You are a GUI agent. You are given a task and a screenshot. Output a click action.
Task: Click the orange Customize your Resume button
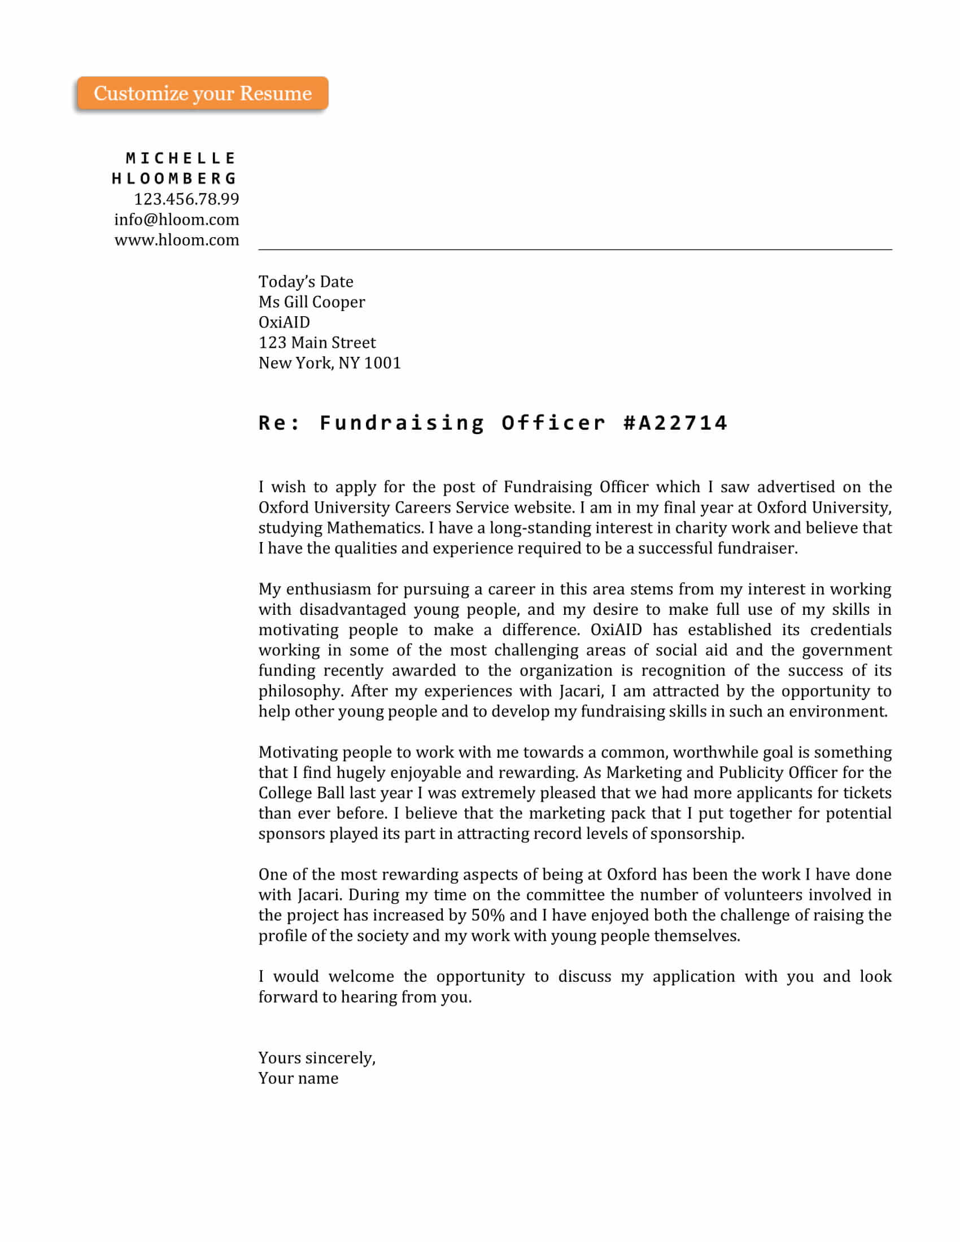[203, 93]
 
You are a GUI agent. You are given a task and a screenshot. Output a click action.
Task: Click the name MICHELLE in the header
[180, 158]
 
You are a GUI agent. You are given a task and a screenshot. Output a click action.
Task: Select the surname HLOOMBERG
[174, 178]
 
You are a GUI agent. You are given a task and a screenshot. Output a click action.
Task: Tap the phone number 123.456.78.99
[186, 199]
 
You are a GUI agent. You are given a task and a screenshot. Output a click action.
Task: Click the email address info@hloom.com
[176, 220]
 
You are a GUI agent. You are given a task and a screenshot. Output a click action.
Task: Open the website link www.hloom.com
[176, 240]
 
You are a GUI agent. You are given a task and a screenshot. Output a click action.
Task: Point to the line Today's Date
[306, 282]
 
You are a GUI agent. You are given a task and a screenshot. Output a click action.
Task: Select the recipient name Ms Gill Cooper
[312, 302]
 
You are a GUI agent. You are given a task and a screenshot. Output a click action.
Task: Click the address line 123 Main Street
[317, 342]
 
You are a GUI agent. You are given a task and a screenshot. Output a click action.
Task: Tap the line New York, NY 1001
[329, 363]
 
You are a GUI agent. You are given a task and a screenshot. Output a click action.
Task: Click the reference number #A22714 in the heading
[675, 423]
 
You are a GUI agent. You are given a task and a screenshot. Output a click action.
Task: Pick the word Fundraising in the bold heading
[402, 423]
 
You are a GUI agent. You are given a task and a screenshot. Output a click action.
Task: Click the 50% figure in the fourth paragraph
[487, 916]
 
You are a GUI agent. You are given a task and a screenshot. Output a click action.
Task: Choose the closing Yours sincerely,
[317, 1059]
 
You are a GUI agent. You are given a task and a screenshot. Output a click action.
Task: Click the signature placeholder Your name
[298, 1079]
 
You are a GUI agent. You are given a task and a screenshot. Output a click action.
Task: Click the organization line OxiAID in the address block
[284, 322]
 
